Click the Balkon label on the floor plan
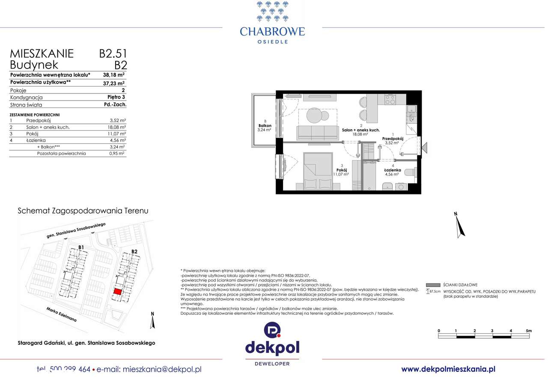click(265, 125)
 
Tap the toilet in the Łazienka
click(409, 172)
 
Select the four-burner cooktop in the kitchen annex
click(390, 99)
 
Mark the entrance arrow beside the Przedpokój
click(425, 148)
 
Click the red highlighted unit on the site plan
click(117, 291)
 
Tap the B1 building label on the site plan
click(81, 247)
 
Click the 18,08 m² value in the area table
click(117, 127)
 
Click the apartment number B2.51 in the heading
click(113, 54)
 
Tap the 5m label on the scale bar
click(529, 331)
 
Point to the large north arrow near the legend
click(459, 225)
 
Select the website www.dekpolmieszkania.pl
click(448, 369)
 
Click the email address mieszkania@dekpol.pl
click(162, 369)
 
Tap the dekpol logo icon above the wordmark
click(272, 331)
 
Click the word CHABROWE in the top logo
click(272, 31)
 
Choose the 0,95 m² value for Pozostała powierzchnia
click(117, 153)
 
